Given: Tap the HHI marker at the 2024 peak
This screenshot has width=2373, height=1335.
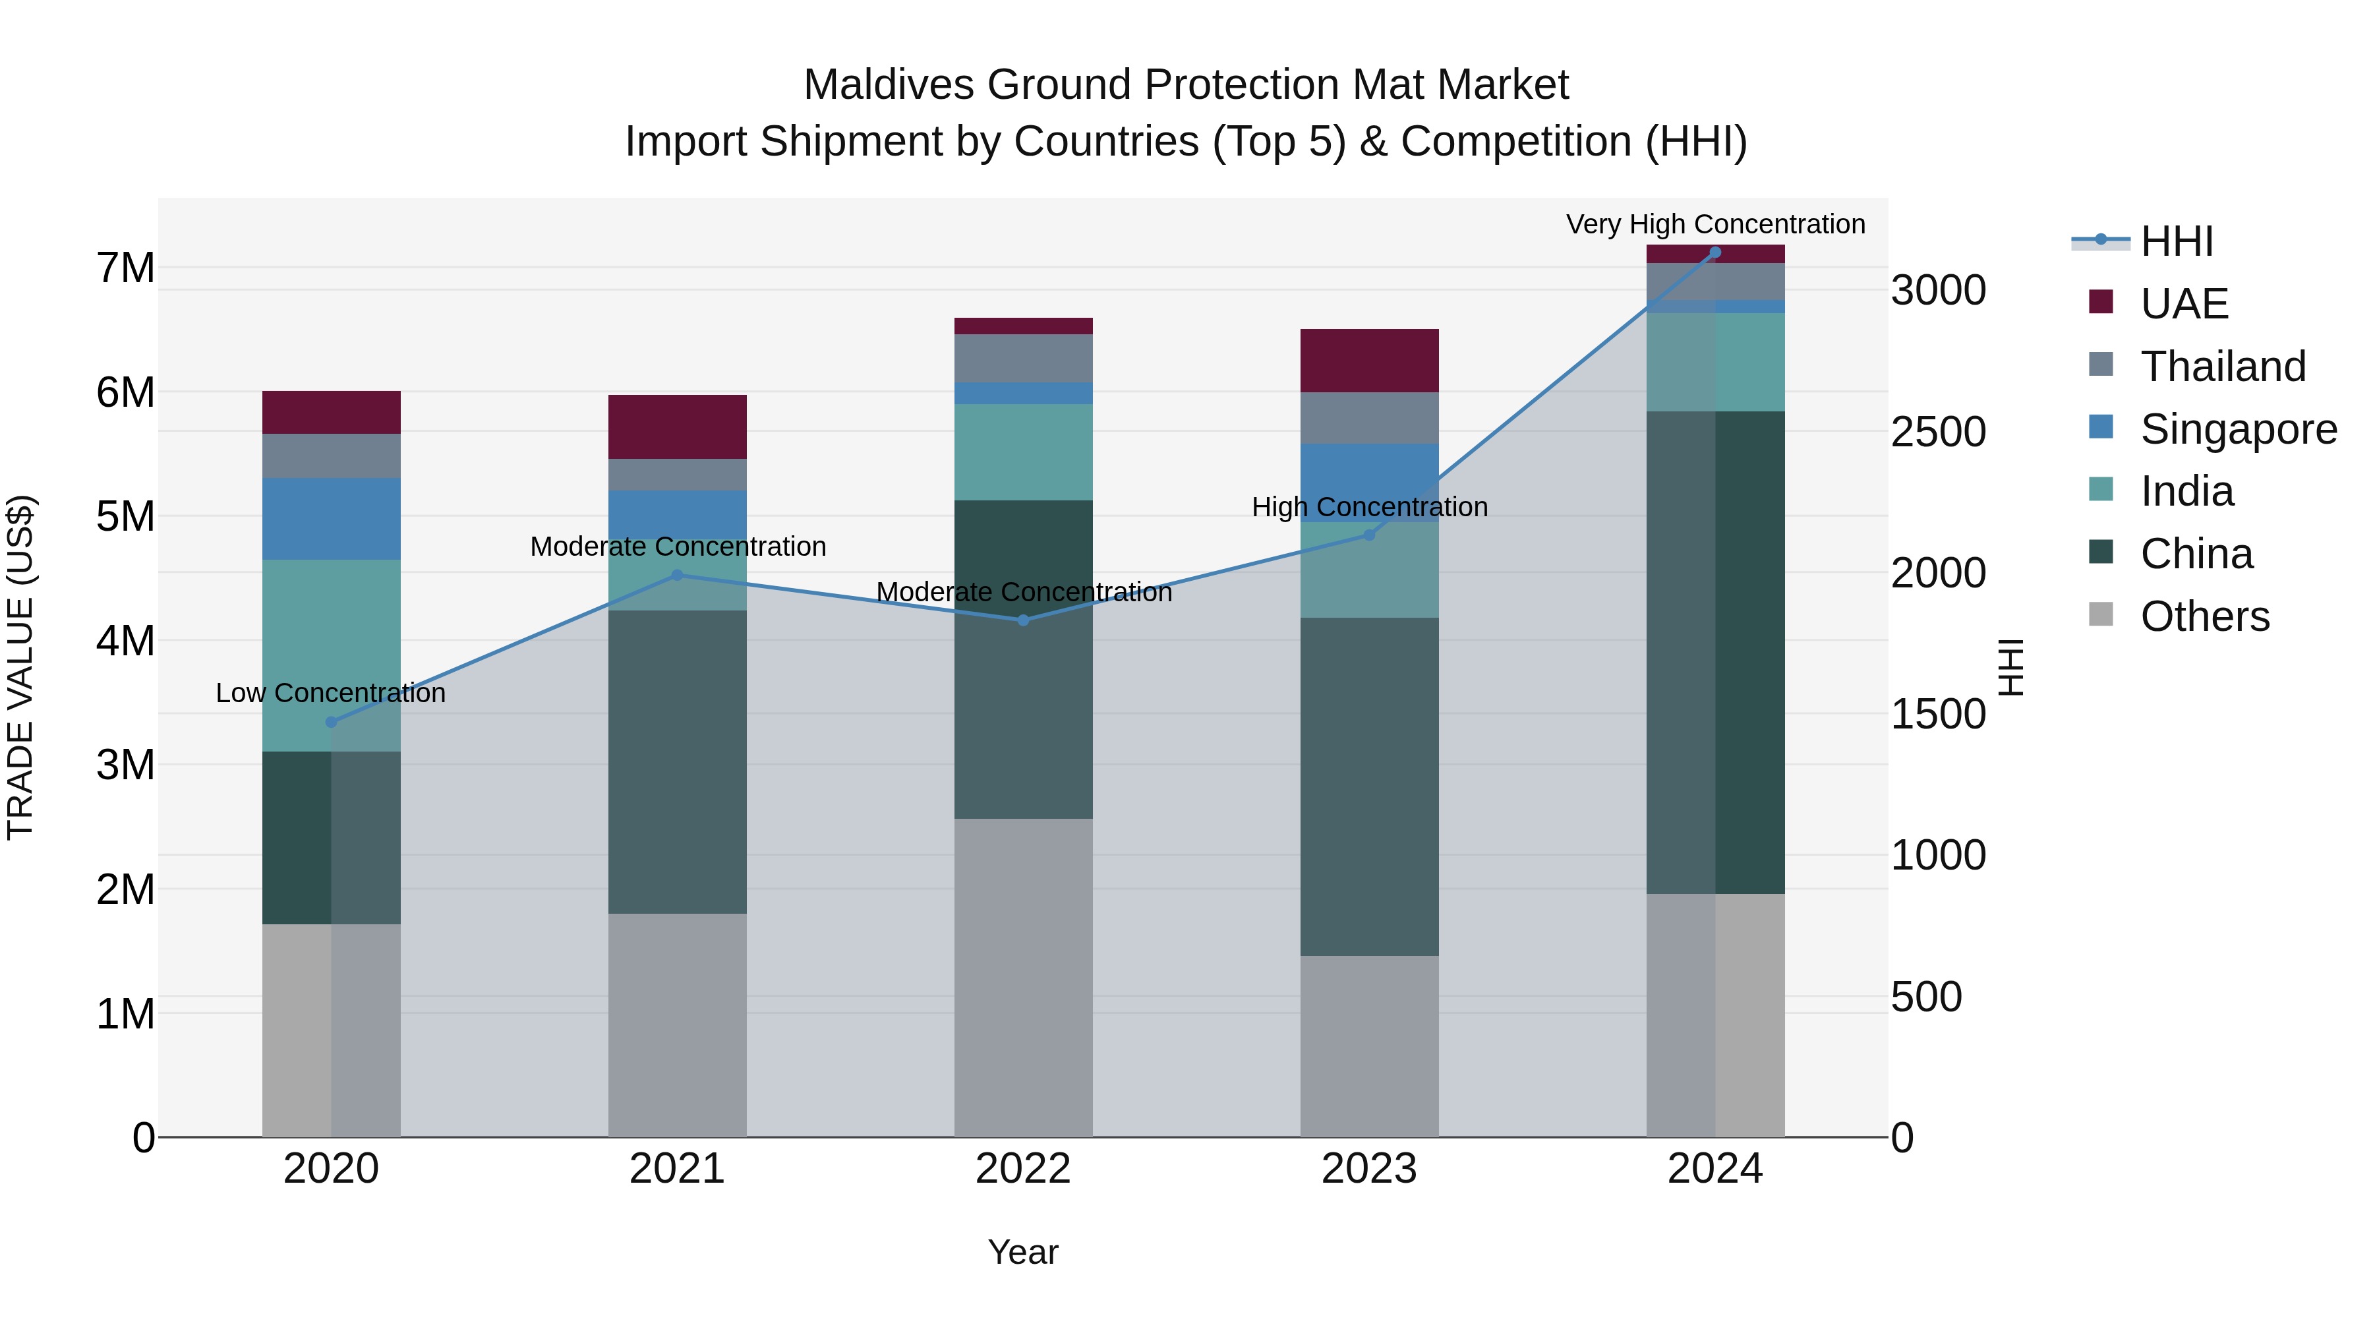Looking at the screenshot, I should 1715,252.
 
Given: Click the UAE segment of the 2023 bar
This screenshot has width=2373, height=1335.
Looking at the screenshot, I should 1369,360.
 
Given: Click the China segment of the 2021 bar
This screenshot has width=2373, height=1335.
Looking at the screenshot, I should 677,761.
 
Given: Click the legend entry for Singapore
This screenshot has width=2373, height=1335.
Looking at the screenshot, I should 2238,429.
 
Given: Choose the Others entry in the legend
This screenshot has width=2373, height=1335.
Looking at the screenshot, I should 2204,616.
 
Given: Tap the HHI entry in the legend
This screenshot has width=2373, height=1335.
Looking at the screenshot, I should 2176,241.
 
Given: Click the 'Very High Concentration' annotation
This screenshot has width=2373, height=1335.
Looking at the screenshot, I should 1715,224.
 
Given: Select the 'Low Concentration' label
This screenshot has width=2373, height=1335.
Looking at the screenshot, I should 331,693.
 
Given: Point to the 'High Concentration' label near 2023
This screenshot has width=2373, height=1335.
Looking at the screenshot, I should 1369,507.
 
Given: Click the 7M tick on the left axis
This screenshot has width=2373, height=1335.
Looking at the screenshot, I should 125,268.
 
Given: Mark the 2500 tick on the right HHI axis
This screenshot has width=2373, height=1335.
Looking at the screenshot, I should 1938,432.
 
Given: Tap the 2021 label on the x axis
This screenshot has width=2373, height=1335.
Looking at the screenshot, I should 677,1169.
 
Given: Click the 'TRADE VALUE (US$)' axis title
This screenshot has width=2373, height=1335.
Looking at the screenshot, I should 20,667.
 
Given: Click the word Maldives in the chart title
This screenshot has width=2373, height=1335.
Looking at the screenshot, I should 888,85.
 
